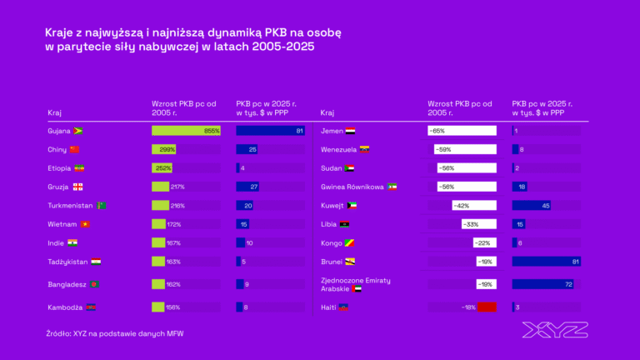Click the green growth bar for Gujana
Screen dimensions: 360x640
pos(186,131)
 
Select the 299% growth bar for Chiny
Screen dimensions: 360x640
pos(163,149)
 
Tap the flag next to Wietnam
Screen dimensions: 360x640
pos(84,224)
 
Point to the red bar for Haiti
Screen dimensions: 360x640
pos(487,307)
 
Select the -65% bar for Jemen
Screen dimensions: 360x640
pos(462,131)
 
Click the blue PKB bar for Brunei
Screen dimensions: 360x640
pos(545,262)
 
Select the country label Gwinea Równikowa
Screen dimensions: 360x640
pos(352,187)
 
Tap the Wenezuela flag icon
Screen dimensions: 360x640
pos(364,149)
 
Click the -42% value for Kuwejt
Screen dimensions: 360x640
pos(461,205)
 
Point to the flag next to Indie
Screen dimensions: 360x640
pos(73,242)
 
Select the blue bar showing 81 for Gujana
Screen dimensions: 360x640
pos(270,131)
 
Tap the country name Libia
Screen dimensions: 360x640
pos(328,224)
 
